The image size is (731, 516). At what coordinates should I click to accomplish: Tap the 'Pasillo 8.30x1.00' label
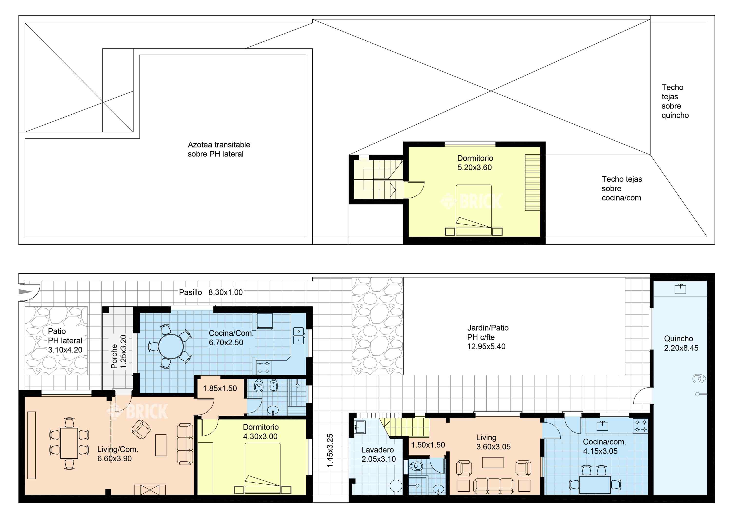point(211,292)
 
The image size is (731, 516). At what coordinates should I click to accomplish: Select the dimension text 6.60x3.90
point(115,459)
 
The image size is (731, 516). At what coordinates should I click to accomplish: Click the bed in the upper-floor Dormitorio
point(473,210)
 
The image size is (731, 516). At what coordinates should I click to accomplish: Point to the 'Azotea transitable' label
point(219,145)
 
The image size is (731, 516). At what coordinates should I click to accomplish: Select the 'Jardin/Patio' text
point(488,328)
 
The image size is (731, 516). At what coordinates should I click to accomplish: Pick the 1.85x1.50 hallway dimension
point(220,388)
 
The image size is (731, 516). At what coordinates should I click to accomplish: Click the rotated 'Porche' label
point(114,356)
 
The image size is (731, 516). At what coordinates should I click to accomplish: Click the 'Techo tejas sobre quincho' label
point(675,101)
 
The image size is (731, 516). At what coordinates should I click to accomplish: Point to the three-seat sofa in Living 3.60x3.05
point(493,487)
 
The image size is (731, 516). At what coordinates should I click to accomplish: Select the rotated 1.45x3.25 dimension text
point(330,451)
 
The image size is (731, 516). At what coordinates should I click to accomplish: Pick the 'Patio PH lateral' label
point(65,336)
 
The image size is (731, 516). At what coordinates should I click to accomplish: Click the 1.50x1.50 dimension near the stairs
point(428,445)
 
